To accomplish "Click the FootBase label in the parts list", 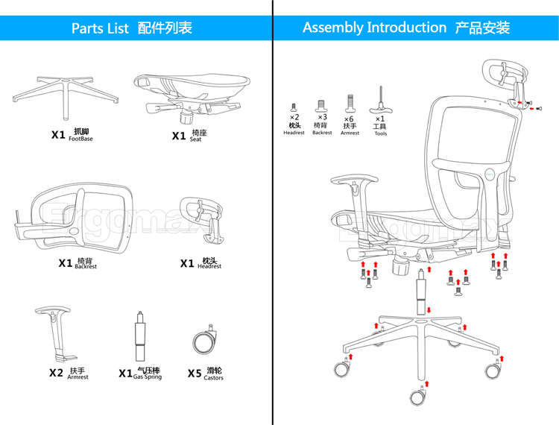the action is pyautogui.click(x=80, y=139).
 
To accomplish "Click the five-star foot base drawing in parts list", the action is pyautogui.click(x=66, y=92).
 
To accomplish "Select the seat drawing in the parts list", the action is pyautogui.click(x=192, y=94).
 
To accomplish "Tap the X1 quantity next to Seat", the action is pyautogui.click(x=179, y=136).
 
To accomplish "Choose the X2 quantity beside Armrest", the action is pyautogui.click(x=57, y=373).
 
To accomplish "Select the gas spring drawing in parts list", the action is pyautogui.click(x=140, y=336).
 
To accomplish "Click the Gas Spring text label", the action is pyautogui.click(x=148, y=377).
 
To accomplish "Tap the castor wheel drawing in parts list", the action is pyautogui.click(x=205, y=340).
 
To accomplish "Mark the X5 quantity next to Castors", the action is pyautogui.click(x=195, y=374).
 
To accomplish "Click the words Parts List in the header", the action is pyautogui.click(x=100, y=28).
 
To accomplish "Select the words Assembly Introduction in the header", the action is pyautogui.click(x=374, y=28).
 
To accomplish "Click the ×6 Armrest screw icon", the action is pyautogui.click(x=350, y=104).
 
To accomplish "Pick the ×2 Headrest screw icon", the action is pyautogui.click(x=294, y=107).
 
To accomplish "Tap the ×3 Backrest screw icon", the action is pyautogui.click(x=321, y=106).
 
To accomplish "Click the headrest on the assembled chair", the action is pyautogui.click(x=505, y=82).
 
